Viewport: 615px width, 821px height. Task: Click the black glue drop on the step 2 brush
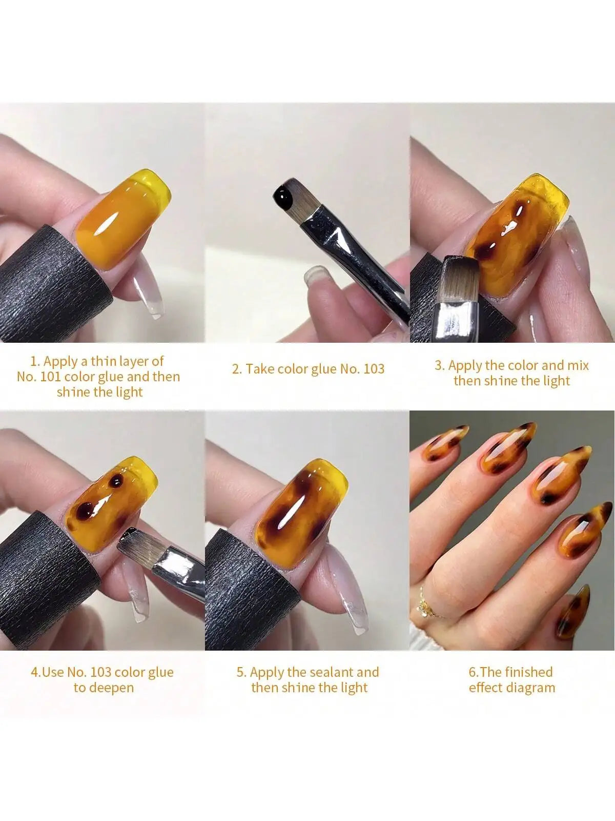click(282, 197)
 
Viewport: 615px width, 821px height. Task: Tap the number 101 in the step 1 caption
click(52, 377)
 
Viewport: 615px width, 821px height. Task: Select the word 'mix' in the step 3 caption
click(578, 365)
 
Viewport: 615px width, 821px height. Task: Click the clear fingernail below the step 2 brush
click(312, 278)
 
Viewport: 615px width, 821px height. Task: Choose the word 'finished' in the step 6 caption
click(528, 672)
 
